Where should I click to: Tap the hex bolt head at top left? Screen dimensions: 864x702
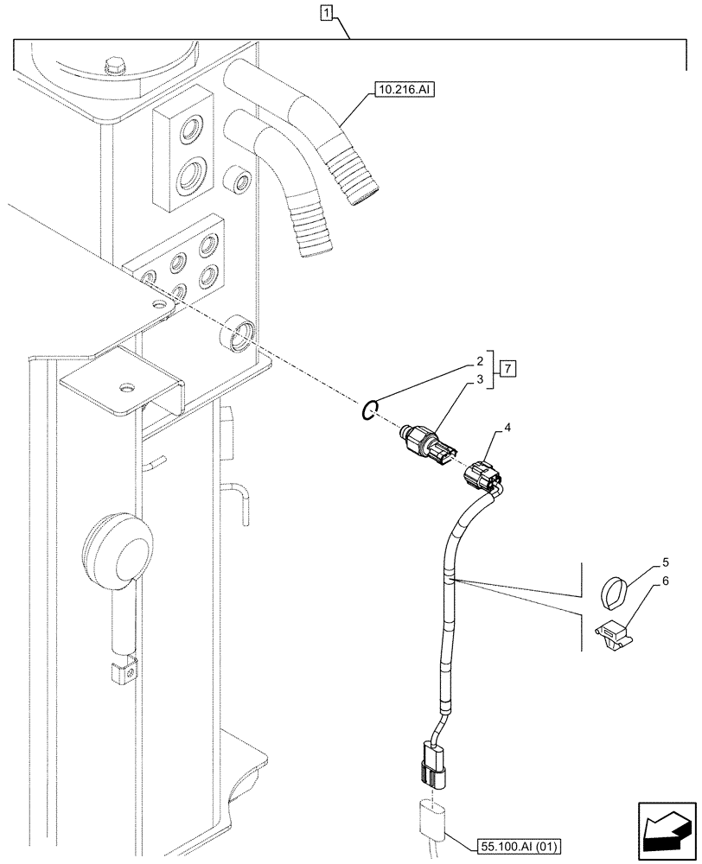coord(113,67)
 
